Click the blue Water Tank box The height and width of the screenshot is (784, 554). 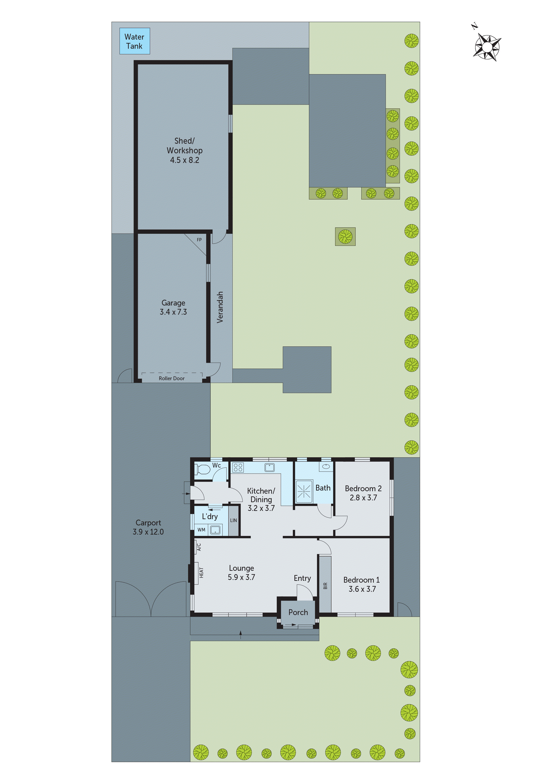(134, 41)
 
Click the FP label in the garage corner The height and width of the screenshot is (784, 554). (199, 240)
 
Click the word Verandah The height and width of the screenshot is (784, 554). (220, 307)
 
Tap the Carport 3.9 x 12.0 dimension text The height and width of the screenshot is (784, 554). (148, 532)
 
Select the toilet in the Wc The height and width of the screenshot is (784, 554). (203, 470)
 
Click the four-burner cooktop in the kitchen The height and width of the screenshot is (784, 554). (238, 468)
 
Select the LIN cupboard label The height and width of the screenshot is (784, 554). (233, 520)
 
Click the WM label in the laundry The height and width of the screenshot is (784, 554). (201, 530)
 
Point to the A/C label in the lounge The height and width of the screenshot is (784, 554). (199, 547)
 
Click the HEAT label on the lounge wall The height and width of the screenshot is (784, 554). (201, 573)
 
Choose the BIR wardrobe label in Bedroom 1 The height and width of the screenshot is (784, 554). (325, 586)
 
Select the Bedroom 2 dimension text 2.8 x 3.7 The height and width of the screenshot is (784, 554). (363, 498)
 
